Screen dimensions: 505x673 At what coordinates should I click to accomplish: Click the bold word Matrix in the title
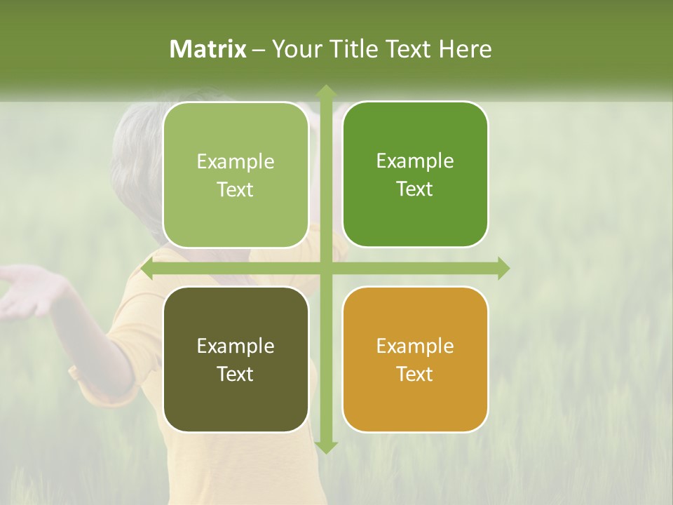[x=208, y=49]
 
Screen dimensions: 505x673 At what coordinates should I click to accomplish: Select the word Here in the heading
[x=465, y=49]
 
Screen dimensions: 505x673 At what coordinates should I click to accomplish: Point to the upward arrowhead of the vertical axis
[x=325, y=91]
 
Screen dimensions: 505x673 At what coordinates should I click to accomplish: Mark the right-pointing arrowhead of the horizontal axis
[x=503, y=268]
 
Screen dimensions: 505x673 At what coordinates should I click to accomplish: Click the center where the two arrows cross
[x=325, y=268]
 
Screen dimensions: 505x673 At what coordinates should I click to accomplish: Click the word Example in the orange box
[x=415, y=346]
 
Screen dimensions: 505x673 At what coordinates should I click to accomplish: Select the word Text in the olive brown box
[x=235, y=374]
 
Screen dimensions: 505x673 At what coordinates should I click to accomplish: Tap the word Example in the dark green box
[x=415, y=161]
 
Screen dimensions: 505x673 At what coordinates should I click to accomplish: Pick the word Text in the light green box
[x=235, y=189]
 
